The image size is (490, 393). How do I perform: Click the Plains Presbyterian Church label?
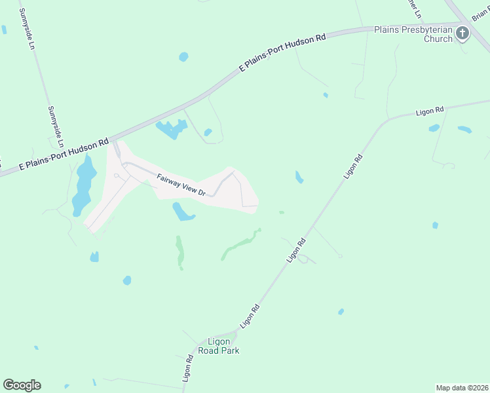pos(413,34)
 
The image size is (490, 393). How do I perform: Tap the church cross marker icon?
pos(462,33)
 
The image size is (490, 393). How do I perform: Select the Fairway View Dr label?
pos(181,185)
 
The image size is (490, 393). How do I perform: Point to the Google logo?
pos(22,385)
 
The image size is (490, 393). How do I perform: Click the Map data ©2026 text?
pos(462,387)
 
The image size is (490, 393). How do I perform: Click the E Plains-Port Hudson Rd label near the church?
pos(282,52)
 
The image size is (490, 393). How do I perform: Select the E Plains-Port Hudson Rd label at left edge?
pos(64,155)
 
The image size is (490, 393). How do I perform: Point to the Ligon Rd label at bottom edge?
pos(188,368)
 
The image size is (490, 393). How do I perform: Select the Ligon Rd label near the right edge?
pos(430,111)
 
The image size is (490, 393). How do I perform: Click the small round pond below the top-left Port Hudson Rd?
pos(183,57)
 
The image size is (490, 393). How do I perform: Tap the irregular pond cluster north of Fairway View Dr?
pos(171,130)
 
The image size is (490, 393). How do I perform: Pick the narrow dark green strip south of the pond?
pos(179,252)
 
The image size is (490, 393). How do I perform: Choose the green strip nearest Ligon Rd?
pos(240,244)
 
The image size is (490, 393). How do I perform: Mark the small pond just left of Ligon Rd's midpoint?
pos(299,177)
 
